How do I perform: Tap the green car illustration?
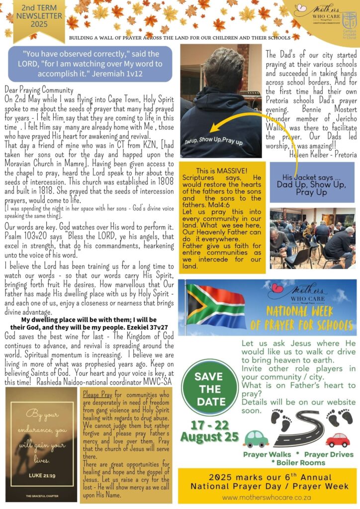[x=257, y=438]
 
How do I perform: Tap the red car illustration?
[x=338, y=439]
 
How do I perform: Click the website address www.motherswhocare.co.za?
[x=267, y=497]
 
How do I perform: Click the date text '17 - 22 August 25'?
[x=209, y=431]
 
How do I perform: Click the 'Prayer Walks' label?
[x=268, y=454]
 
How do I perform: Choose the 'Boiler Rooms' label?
[x=298, y=462]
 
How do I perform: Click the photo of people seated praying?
[x=312, y=238]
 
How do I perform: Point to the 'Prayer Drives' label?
[x=329, y=454]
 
